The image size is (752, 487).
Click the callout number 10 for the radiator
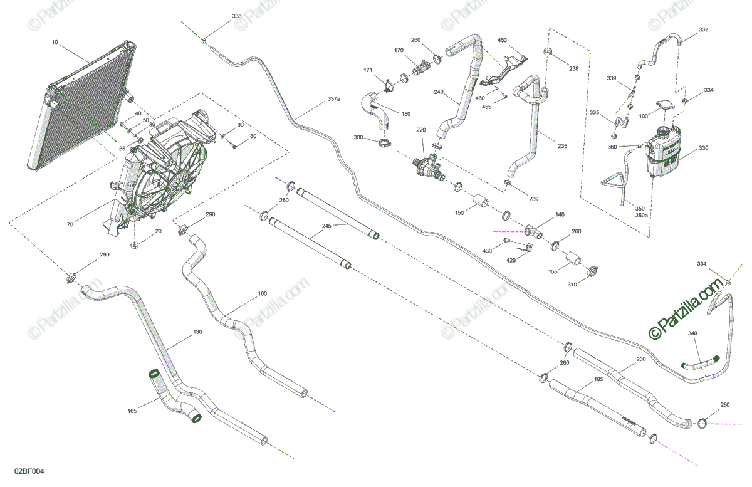(55, 43)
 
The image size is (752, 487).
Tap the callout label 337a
(333, 99)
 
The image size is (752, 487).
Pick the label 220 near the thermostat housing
(421, 130)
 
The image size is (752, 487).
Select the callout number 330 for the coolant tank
(704, 149)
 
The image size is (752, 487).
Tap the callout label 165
(132, 411)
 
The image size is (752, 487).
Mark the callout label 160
(262, 293)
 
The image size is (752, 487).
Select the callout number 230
(640, 359)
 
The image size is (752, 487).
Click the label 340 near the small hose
(692, 333)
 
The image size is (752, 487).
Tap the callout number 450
(502, 40)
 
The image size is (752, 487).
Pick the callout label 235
(562, 146)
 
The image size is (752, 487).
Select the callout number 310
(572, 285)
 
